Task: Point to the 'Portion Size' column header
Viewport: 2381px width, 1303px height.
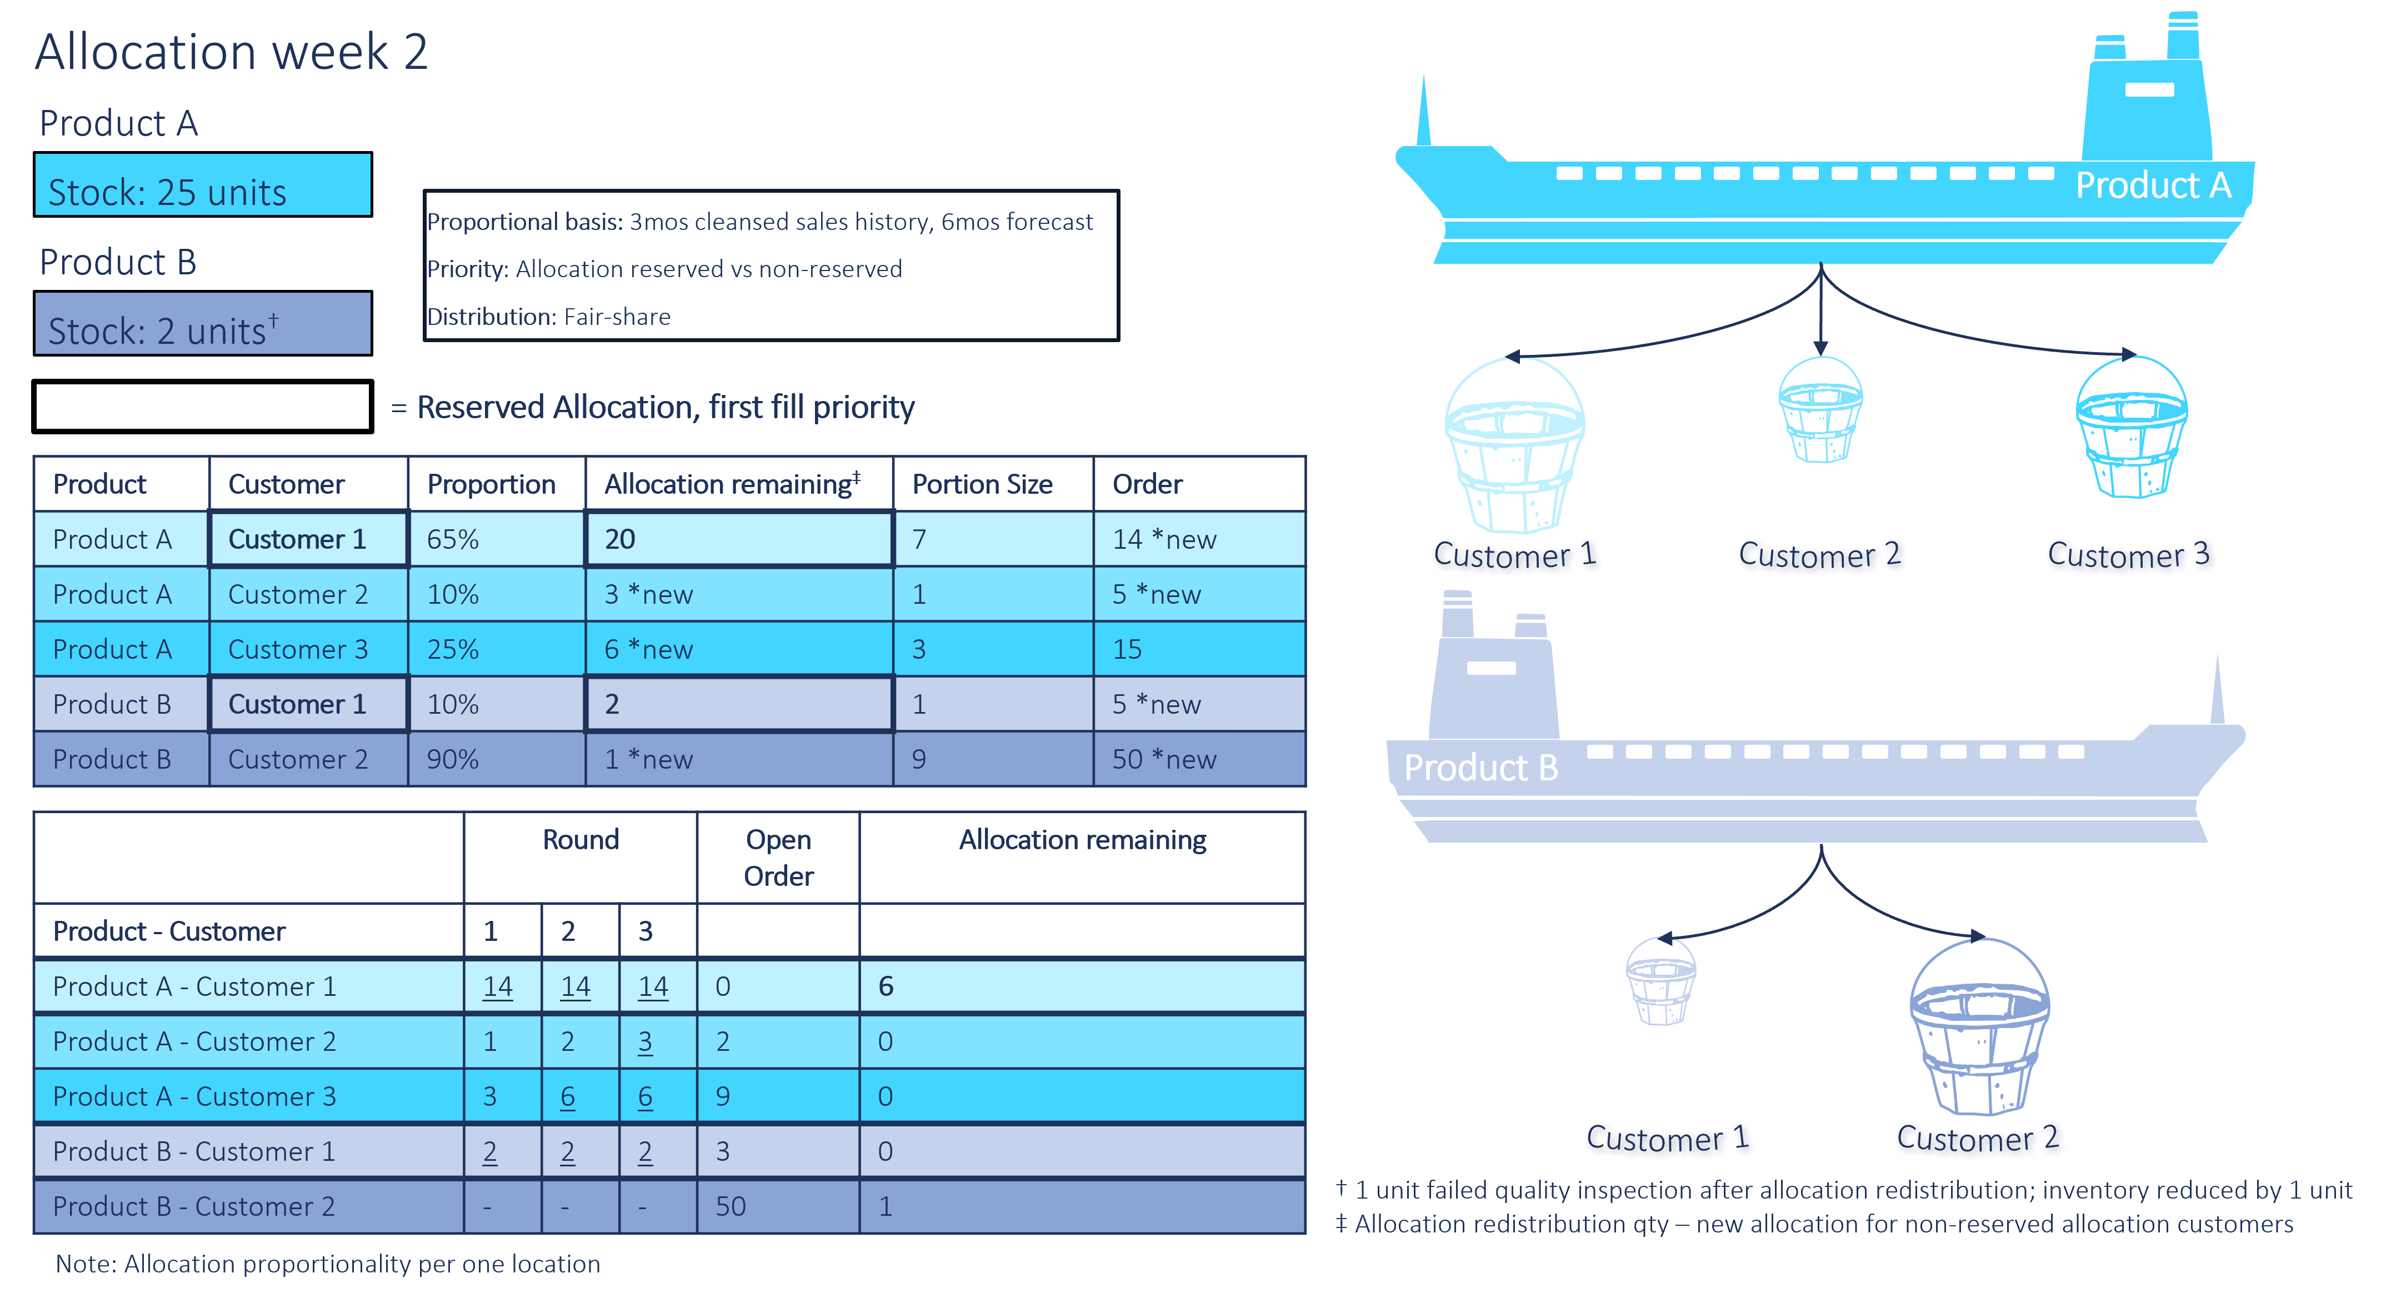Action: click(983, 484)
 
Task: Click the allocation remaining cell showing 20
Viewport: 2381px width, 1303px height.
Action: click(739, 539)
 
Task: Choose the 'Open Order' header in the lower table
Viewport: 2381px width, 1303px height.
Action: click(778, 858)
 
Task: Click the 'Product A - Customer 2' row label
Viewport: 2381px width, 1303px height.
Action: click(194, 1041)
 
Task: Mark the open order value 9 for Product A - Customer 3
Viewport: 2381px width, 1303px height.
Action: click(723, 1096)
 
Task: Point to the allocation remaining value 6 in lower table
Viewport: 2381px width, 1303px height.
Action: click(886, 986)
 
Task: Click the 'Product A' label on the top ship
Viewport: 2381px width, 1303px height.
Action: click(2154, 185)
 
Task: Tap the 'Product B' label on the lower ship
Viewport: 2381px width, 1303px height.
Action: click(1480, 767)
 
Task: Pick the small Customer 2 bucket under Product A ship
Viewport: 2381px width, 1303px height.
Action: click(1820, 409)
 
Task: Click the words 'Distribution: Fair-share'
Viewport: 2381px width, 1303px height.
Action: click(549, 317)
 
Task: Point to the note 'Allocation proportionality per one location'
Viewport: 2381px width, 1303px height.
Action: click(362, 1263)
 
